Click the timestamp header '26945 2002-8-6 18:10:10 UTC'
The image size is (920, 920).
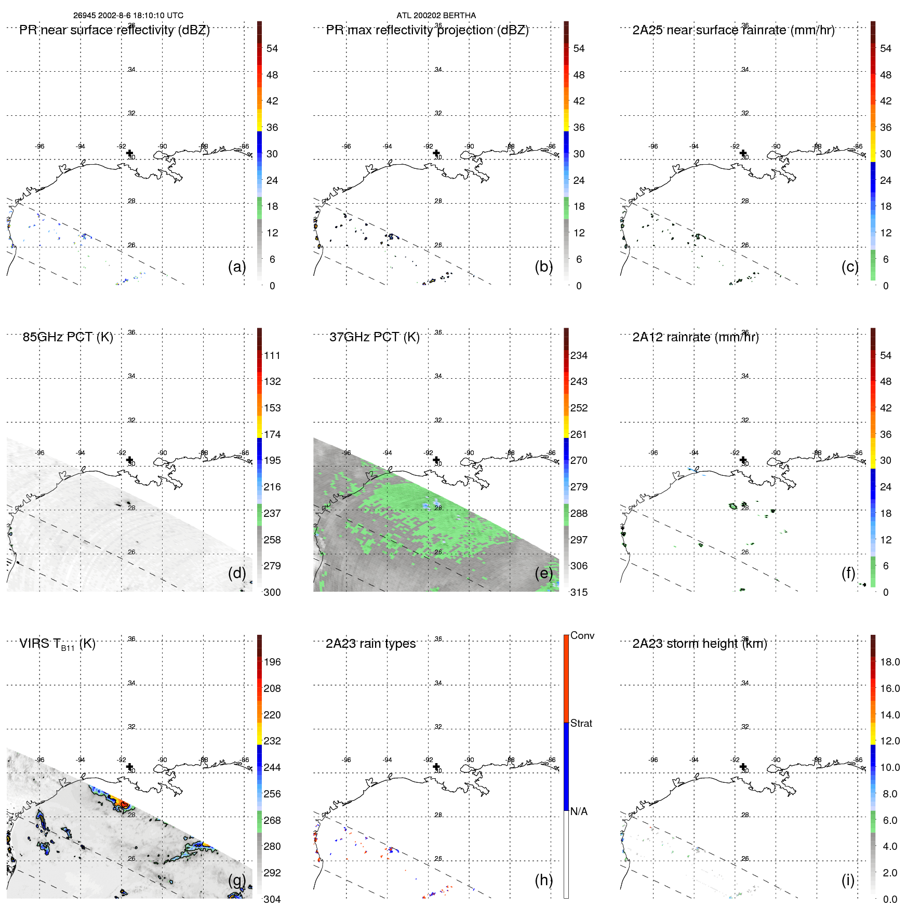tap(128, 16)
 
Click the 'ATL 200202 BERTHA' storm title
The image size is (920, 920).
tap(436, 16)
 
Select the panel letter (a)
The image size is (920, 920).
tap(237, 266)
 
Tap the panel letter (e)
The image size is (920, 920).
tap(543, 573)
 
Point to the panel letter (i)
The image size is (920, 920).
tap(848, 880)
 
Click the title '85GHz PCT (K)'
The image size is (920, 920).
tap(68, 337)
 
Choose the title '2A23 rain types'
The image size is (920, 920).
tap(370, 644)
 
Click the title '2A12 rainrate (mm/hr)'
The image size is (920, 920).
tap(695, 337)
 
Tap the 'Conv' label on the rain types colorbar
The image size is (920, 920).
tap(582, 635)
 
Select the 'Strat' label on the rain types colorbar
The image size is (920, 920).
tap(581, 723)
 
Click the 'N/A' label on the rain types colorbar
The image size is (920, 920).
tap(579, 811)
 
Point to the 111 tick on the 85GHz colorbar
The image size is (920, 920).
tap(272, 355)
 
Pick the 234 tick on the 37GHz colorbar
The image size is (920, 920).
tap(579, 355)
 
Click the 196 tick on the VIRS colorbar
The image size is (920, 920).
tap(272, 662)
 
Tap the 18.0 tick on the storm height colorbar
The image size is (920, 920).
tap(889, 662)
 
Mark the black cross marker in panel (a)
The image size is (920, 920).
tap(129, 153)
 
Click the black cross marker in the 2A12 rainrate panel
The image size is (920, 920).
tap(743, 460)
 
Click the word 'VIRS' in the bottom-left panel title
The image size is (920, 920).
tap(35, 644)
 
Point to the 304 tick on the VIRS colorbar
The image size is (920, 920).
tap(272, 899)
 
